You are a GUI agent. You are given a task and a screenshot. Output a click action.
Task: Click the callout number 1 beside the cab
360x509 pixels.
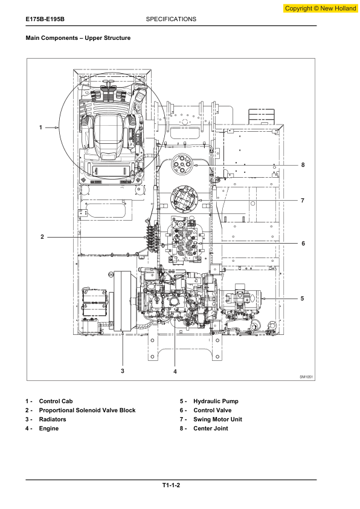coord(40,128)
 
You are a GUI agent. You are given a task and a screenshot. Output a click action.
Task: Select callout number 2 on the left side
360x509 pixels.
coord(42,237)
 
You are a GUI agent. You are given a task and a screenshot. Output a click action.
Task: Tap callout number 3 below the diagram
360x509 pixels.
coord(123,371)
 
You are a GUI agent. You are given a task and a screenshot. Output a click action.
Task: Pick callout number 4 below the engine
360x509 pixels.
coord(175,371)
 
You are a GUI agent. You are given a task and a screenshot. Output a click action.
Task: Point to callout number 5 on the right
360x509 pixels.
coord(302,298)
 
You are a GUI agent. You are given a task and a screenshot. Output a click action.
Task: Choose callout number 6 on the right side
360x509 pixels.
coord(303,244)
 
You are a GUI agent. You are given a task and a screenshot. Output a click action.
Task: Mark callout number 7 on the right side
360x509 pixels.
coord(303,201)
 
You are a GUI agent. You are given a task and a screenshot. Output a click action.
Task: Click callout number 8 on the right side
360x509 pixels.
coord(303,165)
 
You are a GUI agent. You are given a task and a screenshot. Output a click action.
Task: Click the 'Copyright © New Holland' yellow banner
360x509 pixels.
coord(320,8)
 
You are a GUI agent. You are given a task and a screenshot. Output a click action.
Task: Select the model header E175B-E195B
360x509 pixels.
coord(45,19)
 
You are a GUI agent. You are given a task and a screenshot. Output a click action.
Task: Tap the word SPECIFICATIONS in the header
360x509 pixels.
coord(171,19)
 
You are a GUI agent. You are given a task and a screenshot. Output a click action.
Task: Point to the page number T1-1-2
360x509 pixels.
coord(172,485)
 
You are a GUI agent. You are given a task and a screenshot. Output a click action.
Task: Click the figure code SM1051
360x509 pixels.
coord(306,377)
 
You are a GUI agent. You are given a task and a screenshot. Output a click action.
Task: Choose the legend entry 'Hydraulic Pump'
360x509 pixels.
coord(216,401)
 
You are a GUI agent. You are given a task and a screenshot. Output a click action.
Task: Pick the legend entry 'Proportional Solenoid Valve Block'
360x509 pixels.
coord(87,410)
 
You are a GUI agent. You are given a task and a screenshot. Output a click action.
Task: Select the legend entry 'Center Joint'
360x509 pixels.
coord(210,429)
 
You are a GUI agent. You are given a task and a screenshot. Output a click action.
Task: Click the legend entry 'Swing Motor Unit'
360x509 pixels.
coord(217,420)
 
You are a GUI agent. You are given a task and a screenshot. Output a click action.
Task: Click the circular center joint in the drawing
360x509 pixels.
coord(182,165)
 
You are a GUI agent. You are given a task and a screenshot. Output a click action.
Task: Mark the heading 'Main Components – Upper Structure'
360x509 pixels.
coord(78,38)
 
